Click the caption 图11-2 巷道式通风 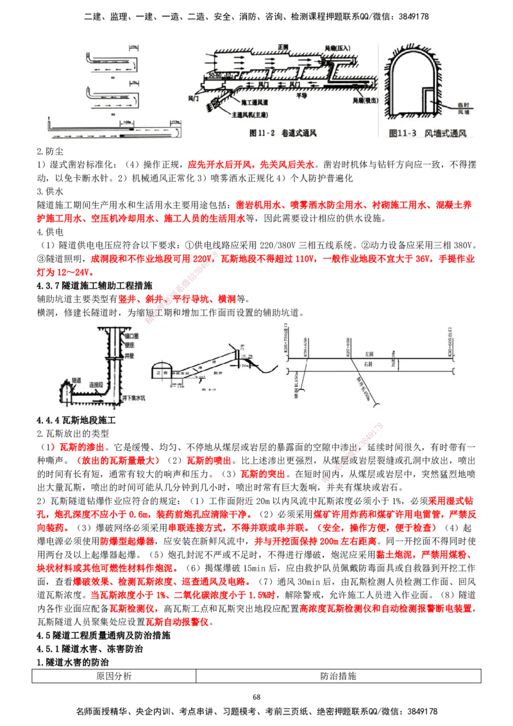point(283,134)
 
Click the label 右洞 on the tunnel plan point(369,364)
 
